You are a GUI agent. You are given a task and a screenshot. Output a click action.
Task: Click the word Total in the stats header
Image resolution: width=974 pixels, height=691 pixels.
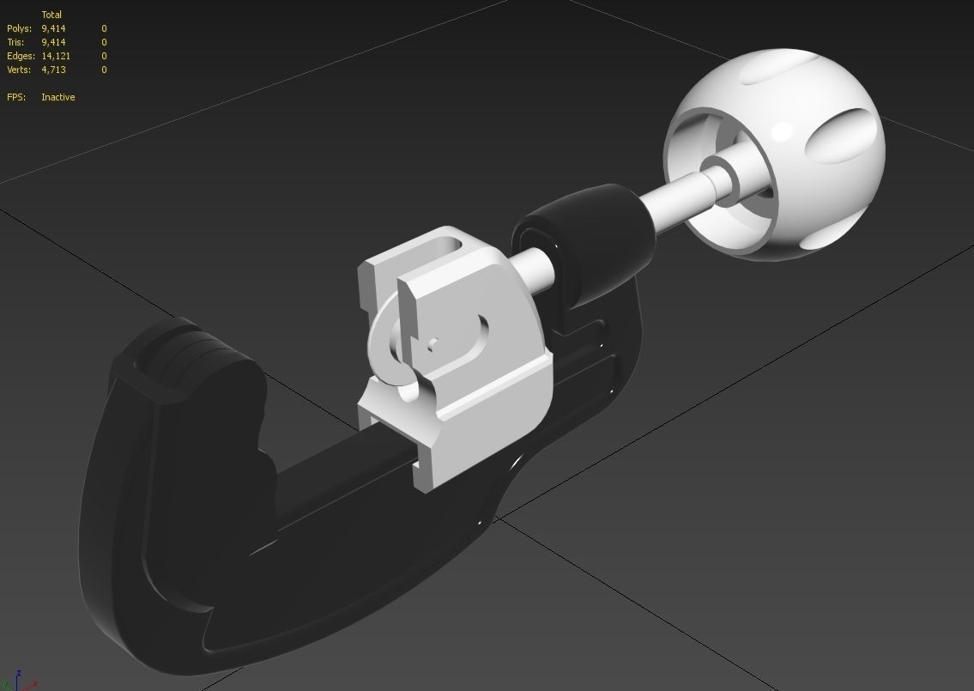pos(51,15)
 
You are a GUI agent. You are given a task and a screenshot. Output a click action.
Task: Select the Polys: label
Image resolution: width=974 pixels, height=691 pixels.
pos(19,28)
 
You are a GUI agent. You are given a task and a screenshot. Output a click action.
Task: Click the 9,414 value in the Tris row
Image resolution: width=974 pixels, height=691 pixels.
pos(53,42)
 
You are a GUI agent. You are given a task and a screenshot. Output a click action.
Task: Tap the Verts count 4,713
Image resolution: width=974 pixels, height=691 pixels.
pos(53,70)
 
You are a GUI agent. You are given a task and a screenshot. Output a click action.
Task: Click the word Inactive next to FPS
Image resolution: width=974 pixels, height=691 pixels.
pos(57,97)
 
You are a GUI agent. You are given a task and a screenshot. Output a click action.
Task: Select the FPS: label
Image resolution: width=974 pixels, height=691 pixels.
pos(16,97)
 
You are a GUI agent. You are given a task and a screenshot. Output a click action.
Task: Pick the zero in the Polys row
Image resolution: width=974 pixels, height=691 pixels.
pos(104,28)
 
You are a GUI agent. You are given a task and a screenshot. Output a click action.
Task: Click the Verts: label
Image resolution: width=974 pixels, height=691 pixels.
pos(20,70)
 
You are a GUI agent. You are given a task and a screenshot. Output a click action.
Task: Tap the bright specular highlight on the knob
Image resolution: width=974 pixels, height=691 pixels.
pos(782,131)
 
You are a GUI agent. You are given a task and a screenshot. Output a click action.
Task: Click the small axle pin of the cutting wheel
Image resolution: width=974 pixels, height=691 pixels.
pos(433,345)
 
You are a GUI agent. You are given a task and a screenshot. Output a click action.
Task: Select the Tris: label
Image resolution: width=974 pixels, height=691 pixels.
pos(17,42)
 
